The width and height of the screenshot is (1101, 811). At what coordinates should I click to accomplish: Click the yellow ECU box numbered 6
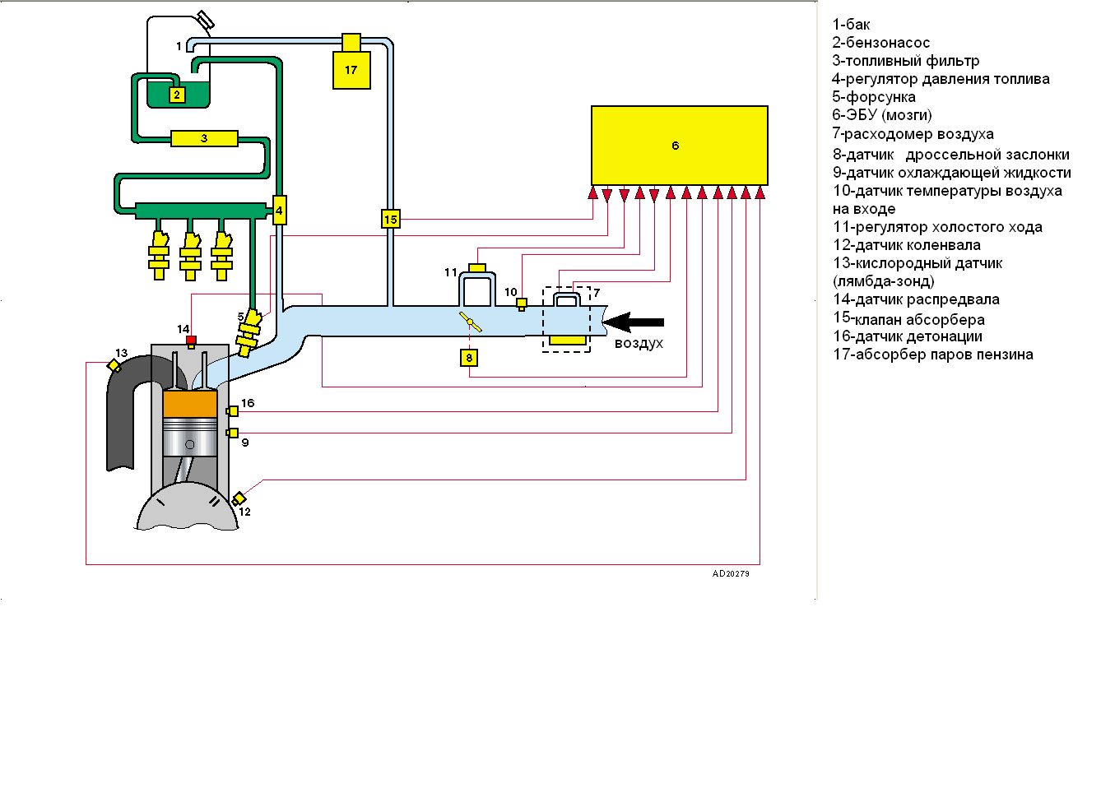click(x=679, y=146)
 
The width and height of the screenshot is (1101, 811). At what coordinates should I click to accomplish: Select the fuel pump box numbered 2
click(x=177, y=95)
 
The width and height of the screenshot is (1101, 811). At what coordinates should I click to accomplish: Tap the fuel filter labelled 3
click(x=204, y=138)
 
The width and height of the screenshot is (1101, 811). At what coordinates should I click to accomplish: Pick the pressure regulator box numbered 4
click(x=279, y=211)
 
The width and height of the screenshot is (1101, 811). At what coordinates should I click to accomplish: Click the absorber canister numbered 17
click(x=351, y=69)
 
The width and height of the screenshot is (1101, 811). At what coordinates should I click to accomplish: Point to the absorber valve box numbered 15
click(x=390, y=219)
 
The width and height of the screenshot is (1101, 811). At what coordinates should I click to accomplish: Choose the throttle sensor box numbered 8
click(x=469, y=358)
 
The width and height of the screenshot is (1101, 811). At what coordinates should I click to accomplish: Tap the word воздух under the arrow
click(x=639, y=343)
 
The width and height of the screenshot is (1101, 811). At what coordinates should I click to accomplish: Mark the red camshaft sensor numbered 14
click(x=191, y=340)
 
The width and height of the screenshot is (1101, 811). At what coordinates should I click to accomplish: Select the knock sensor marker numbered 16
click(x=233, y=410)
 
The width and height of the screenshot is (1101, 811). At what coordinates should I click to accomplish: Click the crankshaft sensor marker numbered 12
click(x=239, y=498)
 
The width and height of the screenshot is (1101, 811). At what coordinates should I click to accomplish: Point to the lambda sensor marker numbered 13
click(x=114, y=365)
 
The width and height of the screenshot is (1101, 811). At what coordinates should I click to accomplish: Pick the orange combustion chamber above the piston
click(x=190, y=404)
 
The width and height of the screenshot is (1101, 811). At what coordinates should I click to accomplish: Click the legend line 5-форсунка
click(x=873, y=97)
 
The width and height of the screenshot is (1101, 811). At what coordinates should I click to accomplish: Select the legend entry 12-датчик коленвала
click(x=906, y=245)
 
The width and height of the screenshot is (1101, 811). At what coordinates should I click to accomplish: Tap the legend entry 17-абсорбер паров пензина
click(x=932, y=355)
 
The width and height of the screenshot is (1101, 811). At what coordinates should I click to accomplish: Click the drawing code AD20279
click(x=731, y=573)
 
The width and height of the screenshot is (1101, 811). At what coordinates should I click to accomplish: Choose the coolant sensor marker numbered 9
click(x=233, y=433)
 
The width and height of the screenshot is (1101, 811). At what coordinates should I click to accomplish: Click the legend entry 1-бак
click(x=851, y=25)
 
